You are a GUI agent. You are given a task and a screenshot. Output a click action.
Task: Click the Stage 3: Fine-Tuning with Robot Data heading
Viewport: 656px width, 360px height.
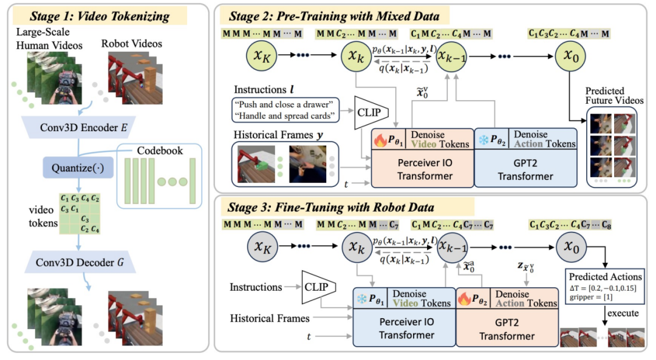(x=330, y=208)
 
